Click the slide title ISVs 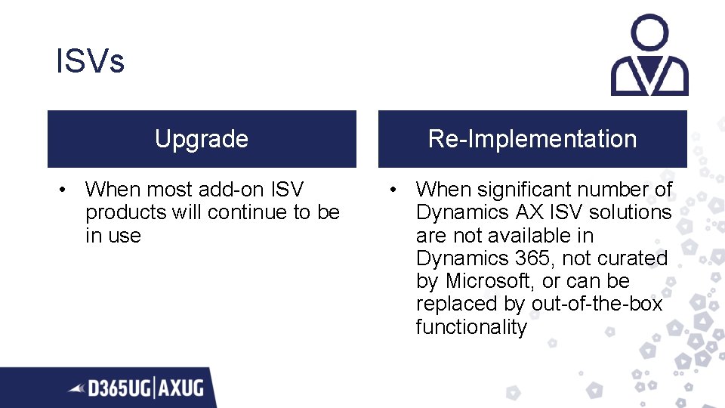tap(90, 61)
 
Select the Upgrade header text tap(202, 139)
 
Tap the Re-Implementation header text tap(532, 139)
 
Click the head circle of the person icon tap(649, 33)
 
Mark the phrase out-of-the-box tap(596, 304)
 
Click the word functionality tap(471, 327)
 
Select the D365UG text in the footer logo tap(120, 389)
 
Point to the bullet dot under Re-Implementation tap(393, 190)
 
